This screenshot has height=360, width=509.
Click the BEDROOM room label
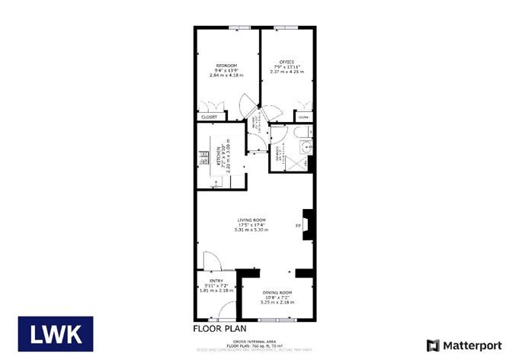[x=226, y=65]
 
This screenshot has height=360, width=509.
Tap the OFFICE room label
[x=287, y=62]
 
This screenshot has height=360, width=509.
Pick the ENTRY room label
[x=216, y=281]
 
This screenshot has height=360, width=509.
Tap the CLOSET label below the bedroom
[x=209, y=117]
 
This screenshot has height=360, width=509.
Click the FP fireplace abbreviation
[x=298, y=226]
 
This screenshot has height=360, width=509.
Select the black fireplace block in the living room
[x=306, y=226]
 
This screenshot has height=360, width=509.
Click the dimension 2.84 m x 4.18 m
[x=226, y=76]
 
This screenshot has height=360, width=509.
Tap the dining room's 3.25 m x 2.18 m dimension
[x=277, y=303]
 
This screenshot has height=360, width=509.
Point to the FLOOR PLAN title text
[x=217, y=329]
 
